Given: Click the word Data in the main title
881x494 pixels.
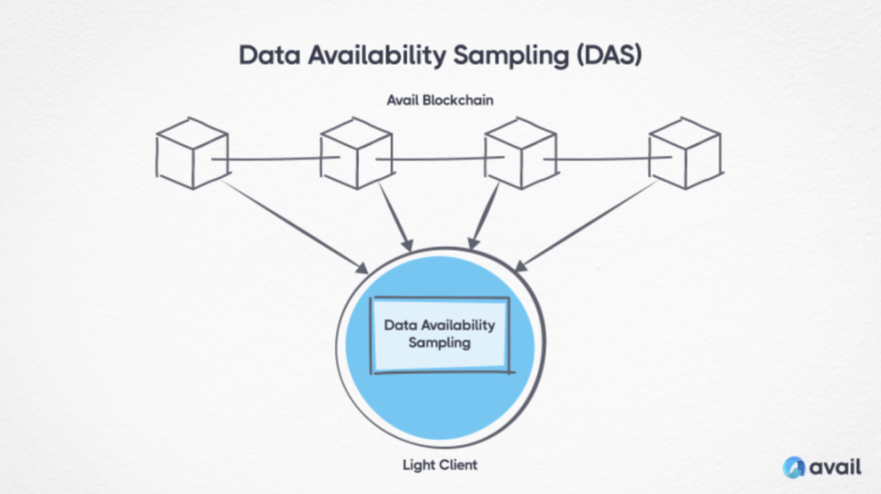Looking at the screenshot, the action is pyautogui.click(x=270, y=55).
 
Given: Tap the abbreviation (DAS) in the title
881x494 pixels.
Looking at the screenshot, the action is pyautogui.click(x=610, y=55).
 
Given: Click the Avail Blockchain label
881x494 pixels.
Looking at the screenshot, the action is pyautogui.click(x=440, y=100).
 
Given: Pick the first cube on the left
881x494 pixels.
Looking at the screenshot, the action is pyautogui.click(x=192, y=153).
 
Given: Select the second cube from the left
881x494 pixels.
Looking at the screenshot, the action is pyautogui.click(x=356, y=153).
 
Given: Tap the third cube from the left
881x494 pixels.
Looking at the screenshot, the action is pyautogui.click(x=520, y=153).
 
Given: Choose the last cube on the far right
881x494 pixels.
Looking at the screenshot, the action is pyautogui.click(x=685, y=153).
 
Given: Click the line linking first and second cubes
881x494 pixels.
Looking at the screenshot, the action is pyautogui.click(x=276, y=159).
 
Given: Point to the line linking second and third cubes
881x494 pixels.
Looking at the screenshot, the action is pyautogui.click(x=440, y=159).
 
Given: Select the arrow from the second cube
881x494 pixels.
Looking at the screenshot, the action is pyautogui.click(x=396, y=218).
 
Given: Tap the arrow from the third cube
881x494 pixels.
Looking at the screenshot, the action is pyautogui.click(x=484, y=217).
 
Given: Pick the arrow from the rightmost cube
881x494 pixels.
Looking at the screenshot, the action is pyautogui.click(x=586, y=226).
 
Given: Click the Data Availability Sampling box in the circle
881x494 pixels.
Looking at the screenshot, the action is pyautogui.click(x=440, y=335).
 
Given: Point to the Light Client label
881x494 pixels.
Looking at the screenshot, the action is pyautogui.click(x=440, y=465).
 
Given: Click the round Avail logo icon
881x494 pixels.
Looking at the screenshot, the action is pyautogui.click(x=793, y=467).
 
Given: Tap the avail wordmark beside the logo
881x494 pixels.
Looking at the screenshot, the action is pyautogui.click(x=836, y=467).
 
